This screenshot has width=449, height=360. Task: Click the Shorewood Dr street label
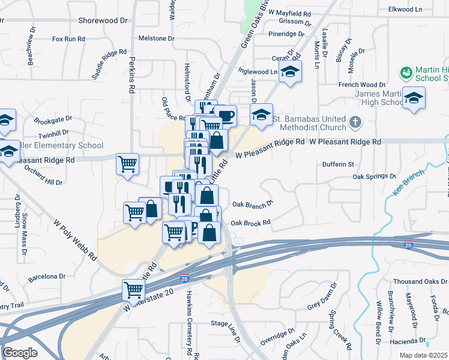coord(103,20)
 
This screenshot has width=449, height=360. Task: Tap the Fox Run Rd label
coord(68,39)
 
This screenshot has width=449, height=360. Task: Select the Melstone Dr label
coord(156,38)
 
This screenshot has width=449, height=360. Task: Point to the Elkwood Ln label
coord(423,8)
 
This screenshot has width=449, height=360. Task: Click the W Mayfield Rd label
coord(289,13)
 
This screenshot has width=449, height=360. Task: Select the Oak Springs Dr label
coord(375,177)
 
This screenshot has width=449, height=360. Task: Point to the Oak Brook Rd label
coord(250,223)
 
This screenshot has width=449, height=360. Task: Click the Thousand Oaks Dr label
coord(418,281)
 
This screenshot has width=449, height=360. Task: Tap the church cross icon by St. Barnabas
coord(355,122)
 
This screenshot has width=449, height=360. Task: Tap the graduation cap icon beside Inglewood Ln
coord(290,72)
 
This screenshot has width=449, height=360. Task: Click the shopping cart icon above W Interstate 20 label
coord(133,290)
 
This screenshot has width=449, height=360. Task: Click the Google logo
coord(20,353)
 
